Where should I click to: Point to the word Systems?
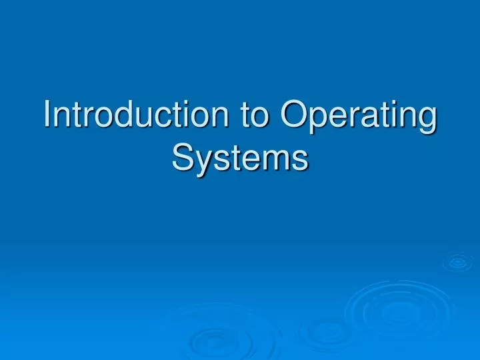(240, 158)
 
